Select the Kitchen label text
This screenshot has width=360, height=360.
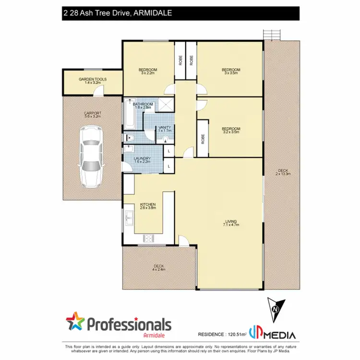tap(148, 206)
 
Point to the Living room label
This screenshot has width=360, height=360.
tap(231, 222)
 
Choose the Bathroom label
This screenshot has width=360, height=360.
tap(143, 106)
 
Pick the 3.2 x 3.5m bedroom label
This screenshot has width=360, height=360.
tap(231, 130)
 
